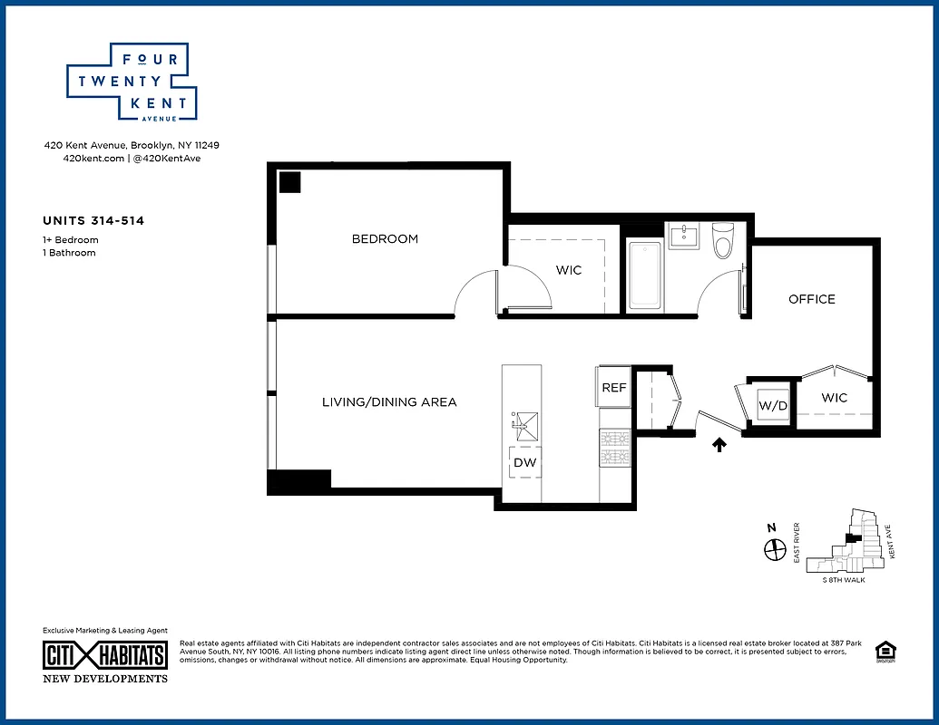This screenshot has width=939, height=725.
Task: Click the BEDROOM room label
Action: (x=385, y=239)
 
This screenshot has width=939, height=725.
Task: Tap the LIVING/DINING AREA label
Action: (x=389, y=401)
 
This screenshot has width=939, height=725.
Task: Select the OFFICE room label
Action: (x=811, y=299)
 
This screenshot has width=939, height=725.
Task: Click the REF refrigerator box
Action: (x=614, y=387)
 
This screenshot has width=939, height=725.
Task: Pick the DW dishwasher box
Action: (x=524, y=462)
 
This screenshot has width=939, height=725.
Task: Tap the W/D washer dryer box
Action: (x=773, y=405)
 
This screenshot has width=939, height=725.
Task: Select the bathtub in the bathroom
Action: (x=644, y=275)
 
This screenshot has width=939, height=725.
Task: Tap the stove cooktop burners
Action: (x=614, y=447)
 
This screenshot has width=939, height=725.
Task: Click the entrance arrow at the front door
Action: (x=720, y=444)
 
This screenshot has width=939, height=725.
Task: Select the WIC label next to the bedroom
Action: (x=569, y=270)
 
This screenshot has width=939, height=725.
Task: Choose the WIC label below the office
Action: (x=834, y=398)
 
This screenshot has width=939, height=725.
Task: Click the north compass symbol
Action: (x=774, y=548)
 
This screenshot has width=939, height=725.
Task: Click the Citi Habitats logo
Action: (x=105, y=655)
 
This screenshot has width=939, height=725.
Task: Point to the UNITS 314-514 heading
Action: (x=93, y=220)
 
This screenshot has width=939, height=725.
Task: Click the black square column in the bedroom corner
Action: (x=289, y=182)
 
